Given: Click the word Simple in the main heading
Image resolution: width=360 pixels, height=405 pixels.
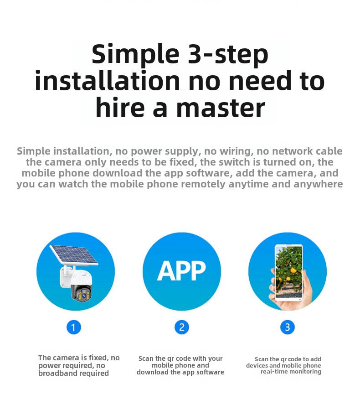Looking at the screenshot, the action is click(135, 55).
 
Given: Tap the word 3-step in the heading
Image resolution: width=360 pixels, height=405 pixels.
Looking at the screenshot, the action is click(228, 54).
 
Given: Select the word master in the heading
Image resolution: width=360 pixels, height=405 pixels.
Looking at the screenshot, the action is click(221, 108).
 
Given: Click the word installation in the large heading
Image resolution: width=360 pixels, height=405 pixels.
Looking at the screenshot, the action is click(107, 80).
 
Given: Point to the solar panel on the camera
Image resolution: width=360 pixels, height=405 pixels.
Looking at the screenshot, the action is click(74, 254).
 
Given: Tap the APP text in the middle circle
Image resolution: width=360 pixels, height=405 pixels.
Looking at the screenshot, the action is click(181, 271).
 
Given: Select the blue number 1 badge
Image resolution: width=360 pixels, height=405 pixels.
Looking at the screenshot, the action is click(74, 327).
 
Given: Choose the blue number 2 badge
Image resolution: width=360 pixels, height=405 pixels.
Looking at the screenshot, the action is click(182, 327).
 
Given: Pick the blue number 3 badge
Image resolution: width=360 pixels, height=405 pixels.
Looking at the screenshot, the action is click(288, 327).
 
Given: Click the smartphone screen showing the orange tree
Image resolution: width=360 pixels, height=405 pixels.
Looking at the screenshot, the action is click(288, 272).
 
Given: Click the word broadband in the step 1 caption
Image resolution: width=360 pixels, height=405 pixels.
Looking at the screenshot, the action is click(57, 373).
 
